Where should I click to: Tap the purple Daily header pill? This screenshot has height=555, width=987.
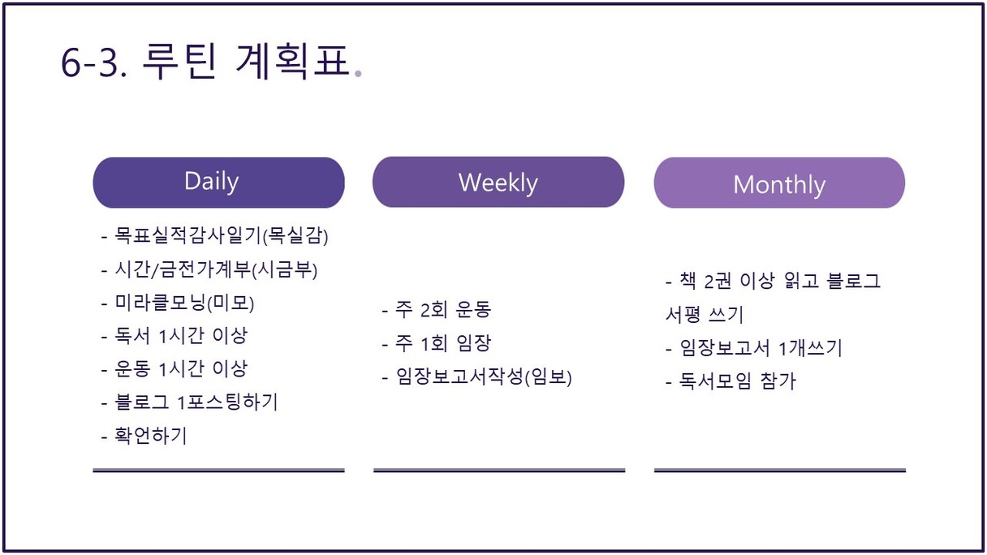tap(218, 183)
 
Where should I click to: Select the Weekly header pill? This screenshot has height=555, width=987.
tap(498, 182)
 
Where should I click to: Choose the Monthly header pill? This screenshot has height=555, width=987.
tap(779, 183)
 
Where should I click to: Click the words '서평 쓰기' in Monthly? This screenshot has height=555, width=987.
tap(704, 315)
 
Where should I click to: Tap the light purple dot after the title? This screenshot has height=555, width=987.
tap(358, 74)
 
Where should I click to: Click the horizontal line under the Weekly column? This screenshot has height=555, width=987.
tap(499, 471)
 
